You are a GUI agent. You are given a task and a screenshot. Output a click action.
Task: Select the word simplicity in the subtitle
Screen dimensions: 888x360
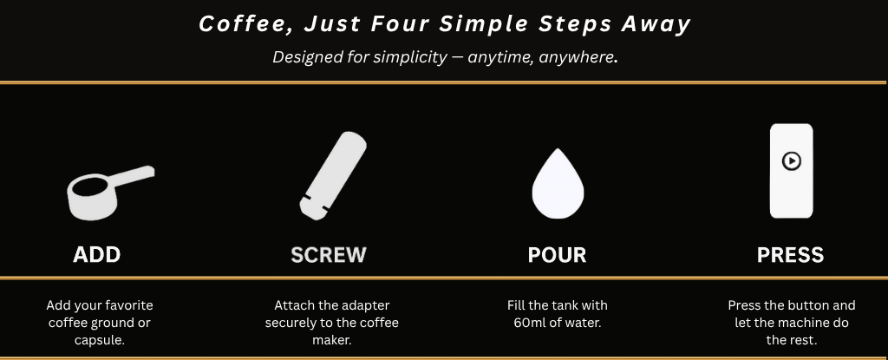click(409, 57)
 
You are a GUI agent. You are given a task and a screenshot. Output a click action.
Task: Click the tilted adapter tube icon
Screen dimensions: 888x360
click(333, 176)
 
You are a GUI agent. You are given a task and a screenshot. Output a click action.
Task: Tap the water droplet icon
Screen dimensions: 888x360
click(558, 184)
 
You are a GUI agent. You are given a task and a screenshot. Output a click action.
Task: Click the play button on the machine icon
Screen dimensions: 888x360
click(791, 161)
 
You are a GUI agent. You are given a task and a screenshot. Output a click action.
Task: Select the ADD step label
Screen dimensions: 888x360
click(97, 255)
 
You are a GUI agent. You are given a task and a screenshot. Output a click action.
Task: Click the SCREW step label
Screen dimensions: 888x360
click(329, 255)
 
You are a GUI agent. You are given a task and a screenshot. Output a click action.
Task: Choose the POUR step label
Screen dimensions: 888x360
click(558, 255)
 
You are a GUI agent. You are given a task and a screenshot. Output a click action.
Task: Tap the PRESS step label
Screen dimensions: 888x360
click(791, 255)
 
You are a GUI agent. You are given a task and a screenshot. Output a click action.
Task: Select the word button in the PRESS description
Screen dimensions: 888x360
click(811, 305)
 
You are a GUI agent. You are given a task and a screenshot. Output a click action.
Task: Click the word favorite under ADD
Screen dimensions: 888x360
click(131, 305)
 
